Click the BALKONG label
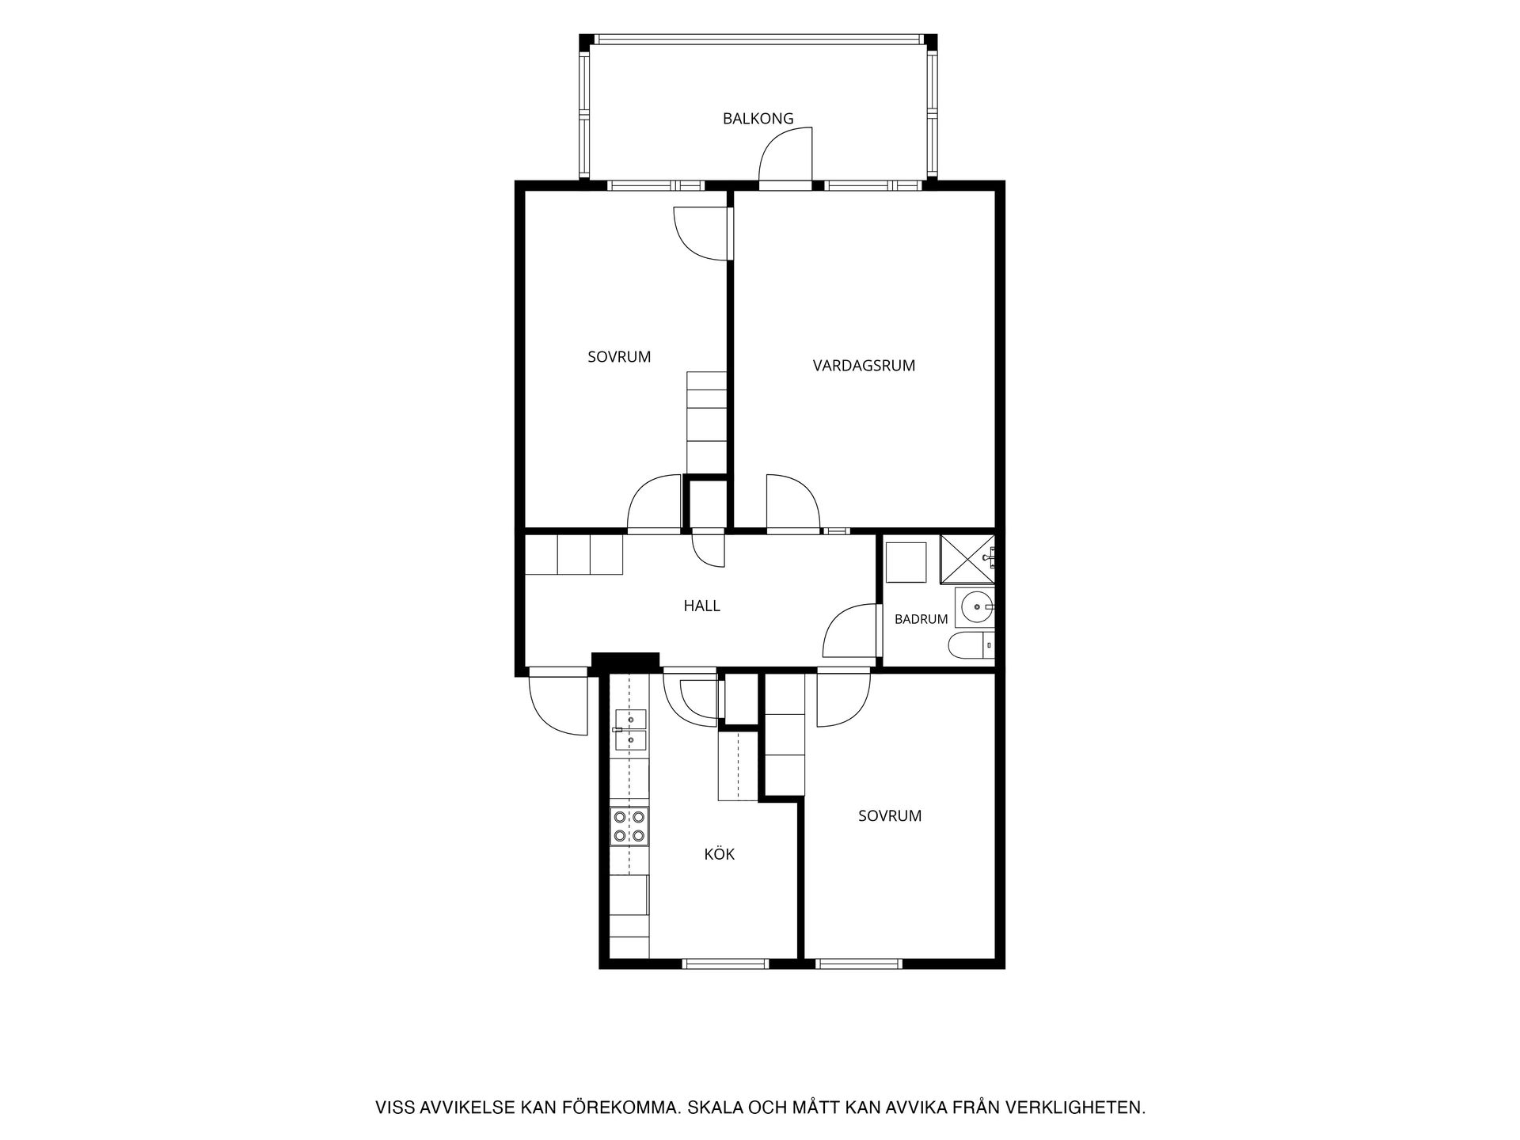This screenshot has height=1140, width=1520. (758, 119)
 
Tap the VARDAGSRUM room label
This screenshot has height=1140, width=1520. (864, 366)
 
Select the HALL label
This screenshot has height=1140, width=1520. (702, 606)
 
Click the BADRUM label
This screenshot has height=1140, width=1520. (921, 619)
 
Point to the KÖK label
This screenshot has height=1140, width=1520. (720, 854)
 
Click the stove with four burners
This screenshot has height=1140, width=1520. (630, 826)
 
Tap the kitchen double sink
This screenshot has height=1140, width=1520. (630, 729)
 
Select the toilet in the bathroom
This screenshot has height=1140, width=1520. (971, 646)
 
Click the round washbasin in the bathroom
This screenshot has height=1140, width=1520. (975, 607)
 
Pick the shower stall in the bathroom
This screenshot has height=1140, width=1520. (967, 559)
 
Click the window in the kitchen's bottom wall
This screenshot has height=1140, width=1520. (725, 963)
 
